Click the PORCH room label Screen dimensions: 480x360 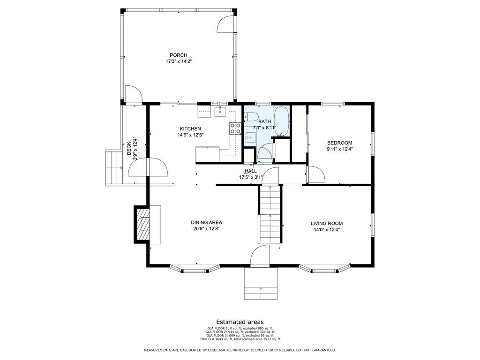tap(179, 55)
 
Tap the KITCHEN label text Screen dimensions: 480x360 tap(190, 128)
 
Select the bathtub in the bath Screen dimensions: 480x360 tap(281, 121)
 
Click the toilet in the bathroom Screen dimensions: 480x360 tap(252, 117)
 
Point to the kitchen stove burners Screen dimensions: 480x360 tap(235, 128)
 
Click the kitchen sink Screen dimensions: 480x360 tap(220, 112)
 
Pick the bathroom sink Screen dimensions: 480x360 tap(250, 137)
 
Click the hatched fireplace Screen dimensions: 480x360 tap(142, 225)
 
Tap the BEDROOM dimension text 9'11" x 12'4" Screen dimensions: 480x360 tap(339, 150)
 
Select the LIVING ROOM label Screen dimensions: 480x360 tap(327, 224)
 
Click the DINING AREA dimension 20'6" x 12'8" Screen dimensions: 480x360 tap(206, 229)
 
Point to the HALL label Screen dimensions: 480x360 tap(251, 171)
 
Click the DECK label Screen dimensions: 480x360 tap(129, 148)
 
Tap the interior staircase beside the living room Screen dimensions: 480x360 tap(270, 214)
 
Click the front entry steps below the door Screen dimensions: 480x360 tap(261, 284)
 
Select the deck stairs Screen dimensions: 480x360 tap(114, 167)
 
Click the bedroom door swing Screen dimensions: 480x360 tap(316, 174)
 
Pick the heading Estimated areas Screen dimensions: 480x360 tap(240, 322)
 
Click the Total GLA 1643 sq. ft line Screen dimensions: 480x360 tap(240, 339)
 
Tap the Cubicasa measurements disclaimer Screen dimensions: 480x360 tap(240, 350)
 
